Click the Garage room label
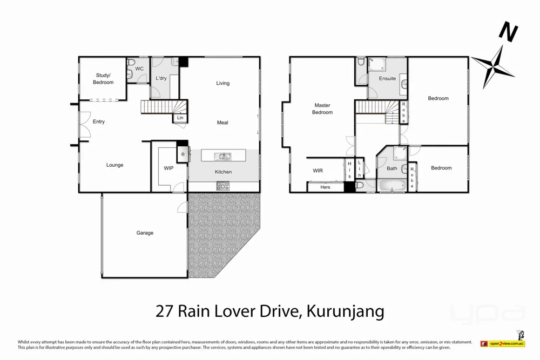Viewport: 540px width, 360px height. point(145,233)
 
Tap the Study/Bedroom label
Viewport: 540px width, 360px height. point(103,79)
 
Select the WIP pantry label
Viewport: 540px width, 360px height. point(168,168)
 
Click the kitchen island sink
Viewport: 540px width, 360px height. point(222,157)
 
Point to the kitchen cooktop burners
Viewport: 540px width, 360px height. point(223,186)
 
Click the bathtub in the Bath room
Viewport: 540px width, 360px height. point(391,186)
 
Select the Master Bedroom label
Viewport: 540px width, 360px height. point(322,109)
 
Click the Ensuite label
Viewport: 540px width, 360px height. point(387,79)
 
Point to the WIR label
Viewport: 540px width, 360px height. point(318,171)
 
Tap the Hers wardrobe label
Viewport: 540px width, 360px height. point(325,187)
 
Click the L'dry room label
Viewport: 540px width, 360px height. point(161,79)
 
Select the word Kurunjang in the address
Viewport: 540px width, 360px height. point(346,311)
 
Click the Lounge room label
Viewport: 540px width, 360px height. point(114,165)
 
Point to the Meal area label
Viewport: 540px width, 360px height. point(222,123)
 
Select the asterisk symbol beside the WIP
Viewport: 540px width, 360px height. point(183,155)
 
